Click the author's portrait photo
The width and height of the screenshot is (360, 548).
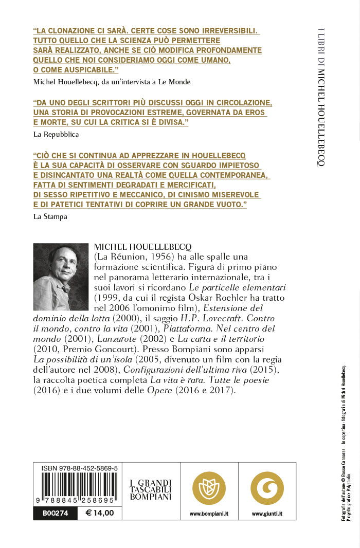(61, 277)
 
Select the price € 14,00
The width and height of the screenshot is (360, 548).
(100, 513)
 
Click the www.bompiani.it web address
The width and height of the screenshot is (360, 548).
(209, 514)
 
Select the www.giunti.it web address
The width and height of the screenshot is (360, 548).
(267, 514)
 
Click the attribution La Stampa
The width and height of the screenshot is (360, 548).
(50, 216)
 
